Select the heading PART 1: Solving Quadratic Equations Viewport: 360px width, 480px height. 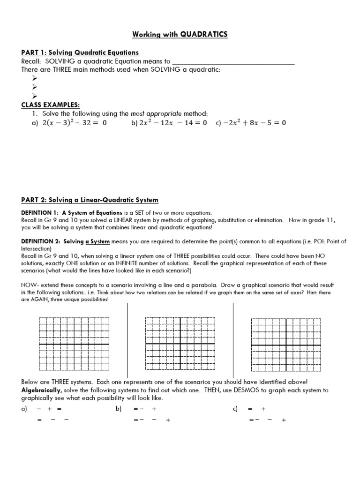pyautogui.click(x=80, y=52)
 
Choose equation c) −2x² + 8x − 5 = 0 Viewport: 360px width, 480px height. pyautogui.click(x=251, y=123)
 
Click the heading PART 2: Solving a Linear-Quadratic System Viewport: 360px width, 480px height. pyautogui.click(x=90, y=200)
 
